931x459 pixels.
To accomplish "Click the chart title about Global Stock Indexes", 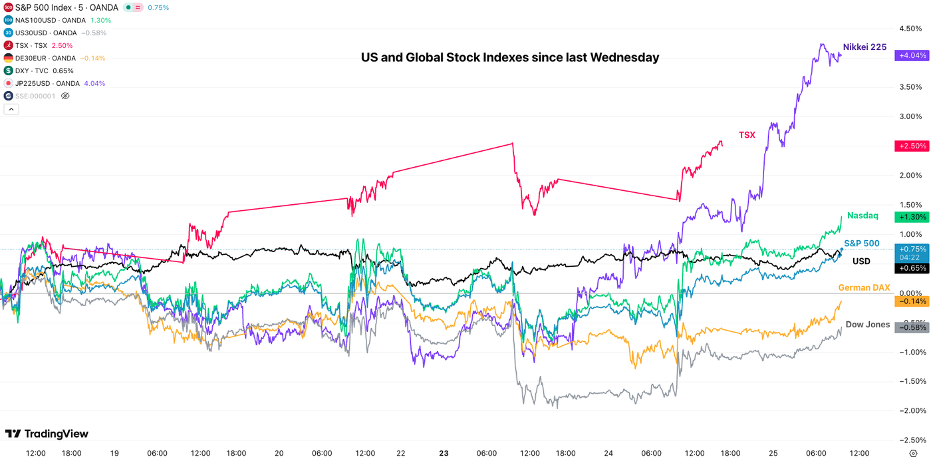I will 510,57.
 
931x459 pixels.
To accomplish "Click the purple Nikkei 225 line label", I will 864,47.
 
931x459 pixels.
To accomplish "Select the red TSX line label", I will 747,135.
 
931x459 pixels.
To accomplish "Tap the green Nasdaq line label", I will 863,216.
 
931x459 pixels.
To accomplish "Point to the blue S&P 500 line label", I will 862,243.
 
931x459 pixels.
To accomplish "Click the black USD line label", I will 861,261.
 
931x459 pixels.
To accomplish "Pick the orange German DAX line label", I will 864,287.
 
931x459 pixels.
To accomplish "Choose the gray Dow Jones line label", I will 867,325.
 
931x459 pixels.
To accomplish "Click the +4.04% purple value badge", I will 912,56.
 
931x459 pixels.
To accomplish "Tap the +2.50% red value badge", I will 912,146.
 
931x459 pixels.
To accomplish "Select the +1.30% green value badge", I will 912,217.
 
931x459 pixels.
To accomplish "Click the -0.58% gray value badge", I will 912,327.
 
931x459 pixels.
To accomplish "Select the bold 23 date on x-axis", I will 444,453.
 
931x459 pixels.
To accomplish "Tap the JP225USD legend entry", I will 47,83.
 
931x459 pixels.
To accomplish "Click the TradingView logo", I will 47,434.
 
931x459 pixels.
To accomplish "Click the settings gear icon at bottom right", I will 913,453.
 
